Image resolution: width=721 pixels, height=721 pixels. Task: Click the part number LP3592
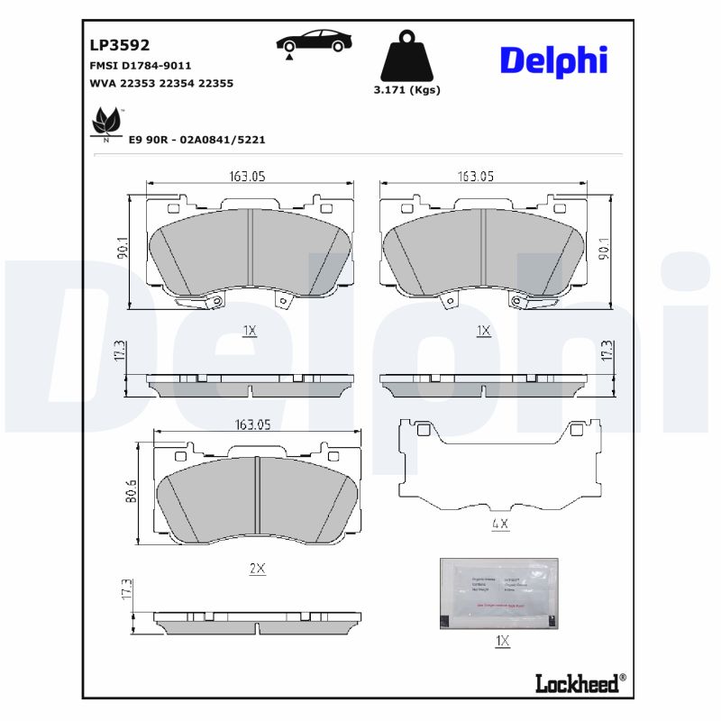coord(119,44)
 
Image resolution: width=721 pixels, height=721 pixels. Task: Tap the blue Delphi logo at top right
coord(553,60)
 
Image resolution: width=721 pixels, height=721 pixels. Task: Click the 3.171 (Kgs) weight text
coord(406,90)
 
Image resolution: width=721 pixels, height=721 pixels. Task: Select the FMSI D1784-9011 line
coord(140,66)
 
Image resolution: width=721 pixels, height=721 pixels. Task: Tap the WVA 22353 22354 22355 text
coord(161,83)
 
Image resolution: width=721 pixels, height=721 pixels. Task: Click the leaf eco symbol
coord(107,123)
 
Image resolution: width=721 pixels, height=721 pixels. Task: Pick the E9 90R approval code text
coord(196,140)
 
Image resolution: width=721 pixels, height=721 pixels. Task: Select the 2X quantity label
coord(257,569)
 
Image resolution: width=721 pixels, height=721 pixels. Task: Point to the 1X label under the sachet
coord(502,641)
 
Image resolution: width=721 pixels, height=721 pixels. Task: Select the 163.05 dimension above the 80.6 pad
coord(255,424)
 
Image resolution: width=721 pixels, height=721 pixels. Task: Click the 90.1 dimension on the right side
coord(606,249)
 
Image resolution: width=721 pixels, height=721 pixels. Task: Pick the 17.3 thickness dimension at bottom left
coord(128,590)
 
